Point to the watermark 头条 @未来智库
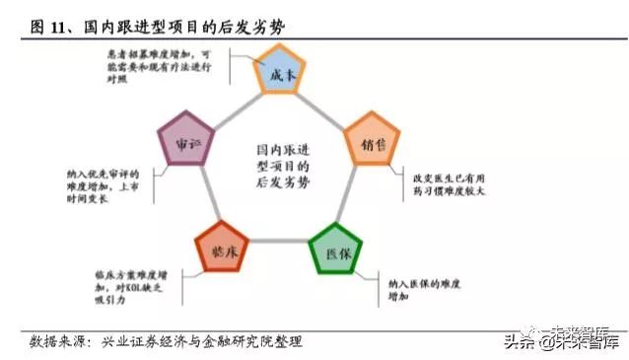[x=562, y=342]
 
